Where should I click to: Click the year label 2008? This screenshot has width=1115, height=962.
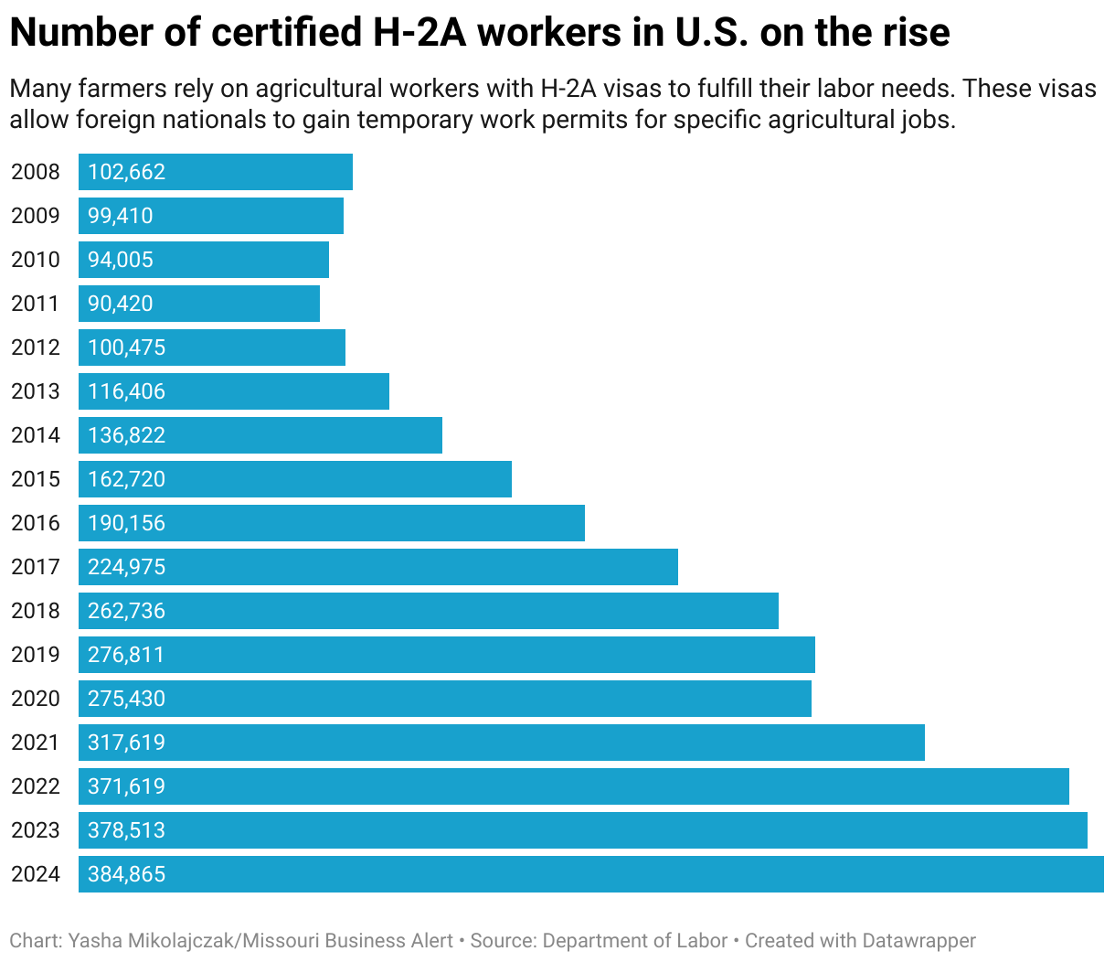35,172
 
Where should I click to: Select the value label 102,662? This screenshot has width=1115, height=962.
126,172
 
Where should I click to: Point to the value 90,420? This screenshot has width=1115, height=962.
121,304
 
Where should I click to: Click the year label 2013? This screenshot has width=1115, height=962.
35,391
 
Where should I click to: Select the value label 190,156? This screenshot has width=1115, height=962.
126,523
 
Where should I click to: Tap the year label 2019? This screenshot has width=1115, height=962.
35,655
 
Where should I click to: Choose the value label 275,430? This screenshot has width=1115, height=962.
126,699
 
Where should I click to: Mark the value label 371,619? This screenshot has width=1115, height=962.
126,786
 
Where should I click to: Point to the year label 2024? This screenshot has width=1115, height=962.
35,874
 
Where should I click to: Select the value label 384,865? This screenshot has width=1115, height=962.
126,874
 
